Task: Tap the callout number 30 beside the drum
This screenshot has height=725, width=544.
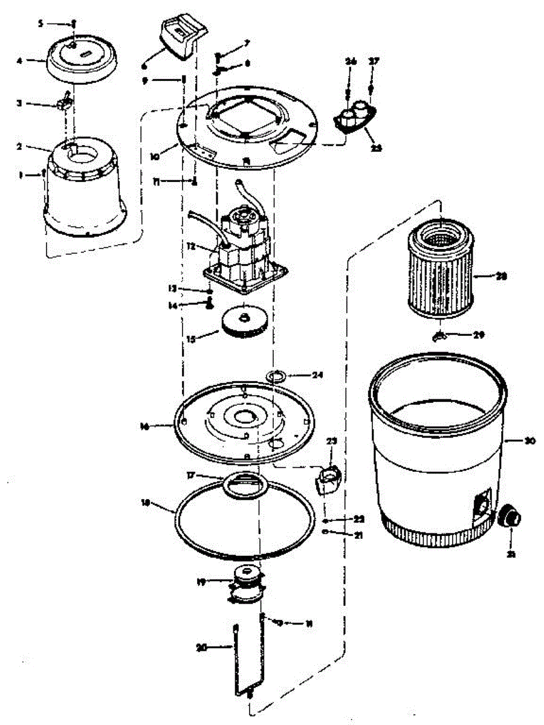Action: [x=530, y=441]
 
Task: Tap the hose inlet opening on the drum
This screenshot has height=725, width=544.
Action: [x=482, y=505]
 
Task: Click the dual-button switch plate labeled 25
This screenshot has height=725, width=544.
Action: [x=354, y=118]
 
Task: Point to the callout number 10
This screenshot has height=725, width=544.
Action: [x=155, y=155]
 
